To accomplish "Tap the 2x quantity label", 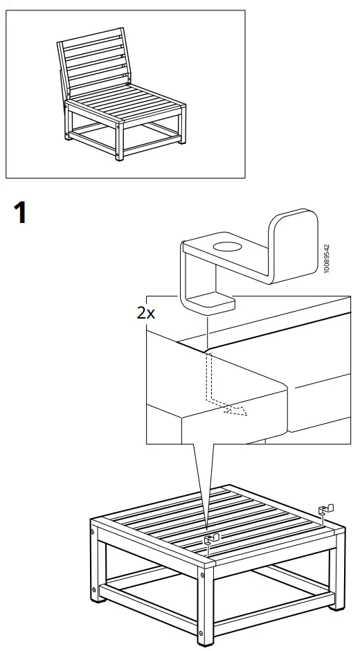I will [x=146, y=312].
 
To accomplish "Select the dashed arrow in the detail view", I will [x=234, y=410].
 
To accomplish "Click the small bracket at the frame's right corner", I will [x=325, y=511].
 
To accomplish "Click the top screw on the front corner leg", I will [x=203, y=574].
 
